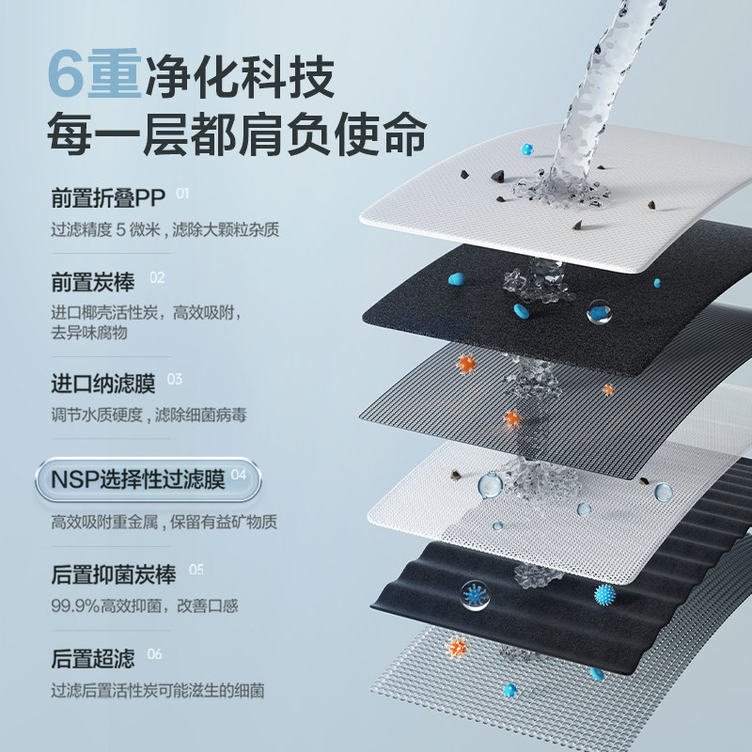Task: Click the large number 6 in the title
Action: coord(68,75)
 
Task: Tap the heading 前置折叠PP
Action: coord(107,198)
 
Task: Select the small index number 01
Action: coord(182,195)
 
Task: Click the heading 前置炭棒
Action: coord(95,281)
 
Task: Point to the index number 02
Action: coord(157,277)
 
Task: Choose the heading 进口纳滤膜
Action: coord(103,384)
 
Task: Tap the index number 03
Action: coord(174,380)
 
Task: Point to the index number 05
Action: coord(196,570)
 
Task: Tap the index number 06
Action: coord(155,653)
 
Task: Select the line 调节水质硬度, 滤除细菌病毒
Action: coord(149,415)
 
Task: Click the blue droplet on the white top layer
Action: coord(525,149)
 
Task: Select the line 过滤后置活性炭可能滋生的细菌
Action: coord(157,691)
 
